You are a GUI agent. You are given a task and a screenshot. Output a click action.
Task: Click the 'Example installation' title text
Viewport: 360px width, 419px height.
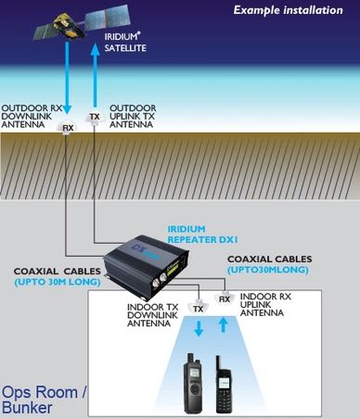(x=294, y=10)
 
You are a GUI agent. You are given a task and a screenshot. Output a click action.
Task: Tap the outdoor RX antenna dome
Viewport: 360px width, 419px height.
(x=67, y=128)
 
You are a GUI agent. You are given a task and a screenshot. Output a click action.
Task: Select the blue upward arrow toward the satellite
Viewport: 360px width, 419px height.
(x=94, y=78)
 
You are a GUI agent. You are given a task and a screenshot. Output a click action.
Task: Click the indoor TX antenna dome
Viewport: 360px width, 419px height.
(x=198, y=307)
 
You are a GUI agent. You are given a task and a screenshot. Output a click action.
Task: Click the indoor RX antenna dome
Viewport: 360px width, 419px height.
(x=224, y=298)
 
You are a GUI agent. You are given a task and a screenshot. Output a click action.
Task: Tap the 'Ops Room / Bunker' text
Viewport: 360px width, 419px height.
(x=45, y=399)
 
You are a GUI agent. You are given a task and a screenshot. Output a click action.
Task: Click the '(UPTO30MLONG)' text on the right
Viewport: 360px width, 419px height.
(x=268, y=269)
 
